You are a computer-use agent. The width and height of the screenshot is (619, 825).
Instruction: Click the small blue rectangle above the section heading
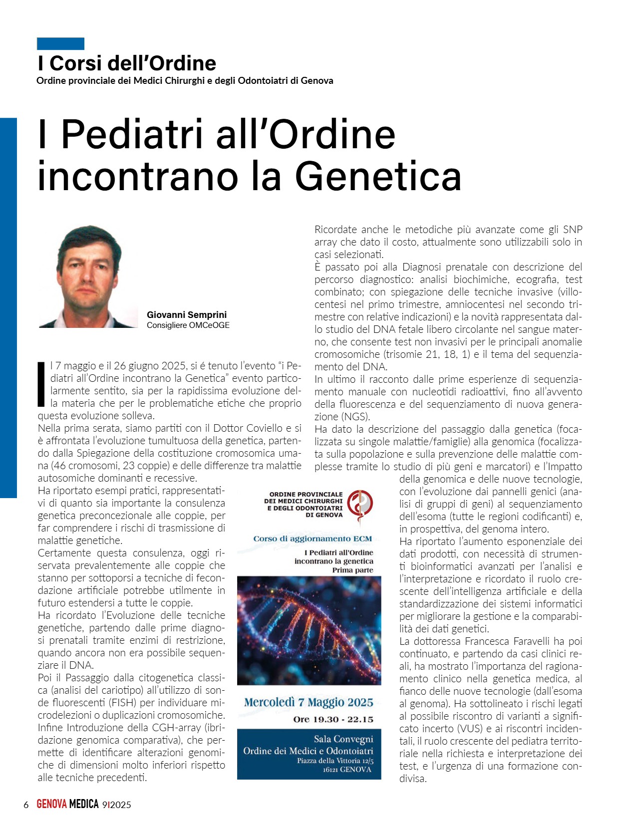pyautogui.click(x=60, y=43)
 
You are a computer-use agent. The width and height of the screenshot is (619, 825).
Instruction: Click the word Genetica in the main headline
pyautogui.click(x=378, y=177)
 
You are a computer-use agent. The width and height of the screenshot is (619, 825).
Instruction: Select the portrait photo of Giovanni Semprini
pyautogui.click(x=88, y=276)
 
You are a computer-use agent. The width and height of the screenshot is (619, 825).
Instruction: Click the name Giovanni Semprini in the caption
pyautogui.click(x=187, y=314)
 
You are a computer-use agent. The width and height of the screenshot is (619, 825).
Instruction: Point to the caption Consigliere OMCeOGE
pyautogui.click(x=188, y=325)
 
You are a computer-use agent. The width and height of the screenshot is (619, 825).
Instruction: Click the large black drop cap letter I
pyautogui.click(x=42, y=384)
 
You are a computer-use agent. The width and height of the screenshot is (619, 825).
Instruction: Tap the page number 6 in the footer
pyautogui.click(x=26, y=805)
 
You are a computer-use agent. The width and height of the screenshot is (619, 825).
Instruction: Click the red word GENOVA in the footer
pyautogui.click(x=51, y=804)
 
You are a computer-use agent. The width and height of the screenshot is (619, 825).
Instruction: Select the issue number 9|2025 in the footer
pyautogui.click(x=116, y=805)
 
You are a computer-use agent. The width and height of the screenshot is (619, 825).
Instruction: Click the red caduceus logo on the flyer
pyautogui.click(x=360, y=504)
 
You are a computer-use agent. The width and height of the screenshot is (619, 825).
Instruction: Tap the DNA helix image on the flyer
pyautogui.click(x=309, y=630)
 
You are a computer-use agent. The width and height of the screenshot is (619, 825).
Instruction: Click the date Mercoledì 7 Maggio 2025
pyautogui.click(x=309, y=702)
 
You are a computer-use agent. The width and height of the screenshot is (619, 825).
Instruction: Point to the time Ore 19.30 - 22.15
pyautogui.click(x=333, y=719)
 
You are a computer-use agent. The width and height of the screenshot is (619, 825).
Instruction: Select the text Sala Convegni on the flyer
pyautogui.click(x=343, y=739)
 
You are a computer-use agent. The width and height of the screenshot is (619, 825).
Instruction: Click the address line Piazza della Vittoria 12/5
pyautogui.click(x=335, y=761)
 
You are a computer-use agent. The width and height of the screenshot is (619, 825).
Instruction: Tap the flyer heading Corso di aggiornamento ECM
pyautogui.click(x=312, y=539)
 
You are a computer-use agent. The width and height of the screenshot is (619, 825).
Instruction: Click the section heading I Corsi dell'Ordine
pyautogui.click(x=127, y=63)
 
